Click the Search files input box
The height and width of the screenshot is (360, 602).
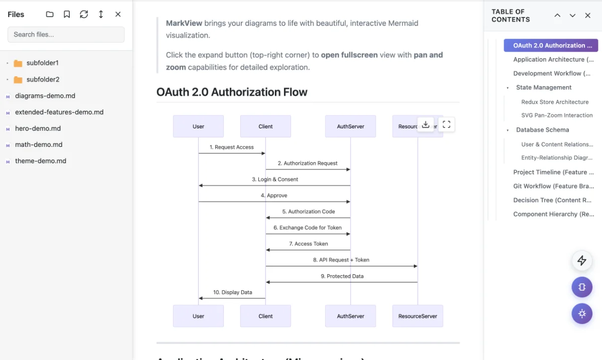66,35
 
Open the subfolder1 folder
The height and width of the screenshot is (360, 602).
42,63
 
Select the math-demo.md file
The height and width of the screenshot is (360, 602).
39,144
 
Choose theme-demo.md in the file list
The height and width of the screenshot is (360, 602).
41,161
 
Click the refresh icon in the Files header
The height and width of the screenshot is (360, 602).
84,15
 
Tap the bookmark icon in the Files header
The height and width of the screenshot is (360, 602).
67,15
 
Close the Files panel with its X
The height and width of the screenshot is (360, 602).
118,15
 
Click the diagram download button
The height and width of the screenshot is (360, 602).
425,125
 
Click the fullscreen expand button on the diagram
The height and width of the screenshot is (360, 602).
446,125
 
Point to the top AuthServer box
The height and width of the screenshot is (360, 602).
350,126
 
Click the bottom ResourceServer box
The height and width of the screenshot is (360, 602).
417,316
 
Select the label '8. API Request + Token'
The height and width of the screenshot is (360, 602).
341,260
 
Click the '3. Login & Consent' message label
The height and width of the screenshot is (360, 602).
275,179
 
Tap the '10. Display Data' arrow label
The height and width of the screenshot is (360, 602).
232,292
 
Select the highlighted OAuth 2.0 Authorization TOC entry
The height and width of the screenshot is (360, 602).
550,46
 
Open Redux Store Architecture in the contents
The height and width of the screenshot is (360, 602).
554,102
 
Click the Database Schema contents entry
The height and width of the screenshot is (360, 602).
542,130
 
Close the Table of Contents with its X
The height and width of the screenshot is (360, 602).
587,16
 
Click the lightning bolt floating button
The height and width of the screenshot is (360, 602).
582,261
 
